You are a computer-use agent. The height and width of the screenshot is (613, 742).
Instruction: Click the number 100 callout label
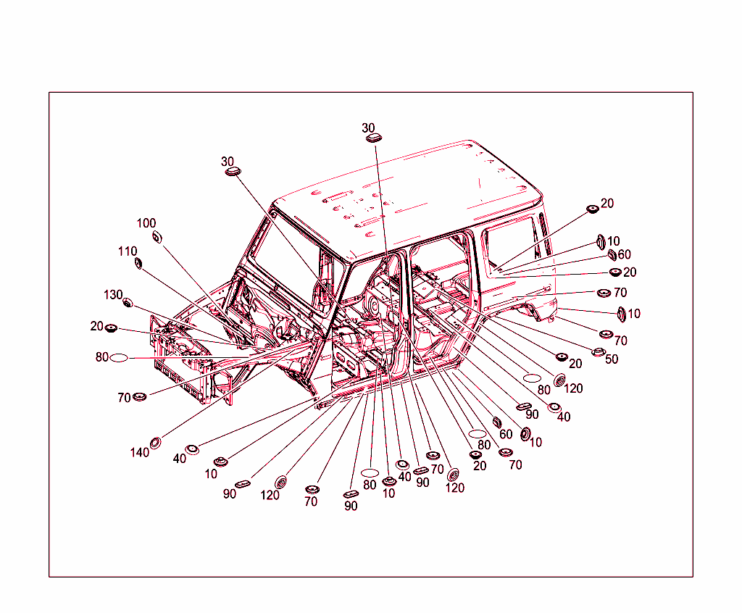(x=146, y=223)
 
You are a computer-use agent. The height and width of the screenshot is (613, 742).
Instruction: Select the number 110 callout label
(x=128, y=251)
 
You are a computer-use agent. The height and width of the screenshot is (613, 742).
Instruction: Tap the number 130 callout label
(x=113, y=295)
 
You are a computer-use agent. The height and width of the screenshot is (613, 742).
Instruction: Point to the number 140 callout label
(x=139, y=453)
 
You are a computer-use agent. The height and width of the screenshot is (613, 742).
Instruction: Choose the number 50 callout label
(x=612, y=359)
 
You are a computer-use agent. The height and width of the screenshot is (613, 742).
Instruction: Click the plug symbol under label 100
(x=157, y=237)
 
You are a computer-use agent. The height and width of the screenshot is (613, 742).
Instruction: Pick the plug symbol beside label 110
(x=138, y=262)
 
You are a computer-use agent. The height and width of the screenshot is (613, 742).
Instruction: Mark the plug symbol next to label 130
(x=128, y=302)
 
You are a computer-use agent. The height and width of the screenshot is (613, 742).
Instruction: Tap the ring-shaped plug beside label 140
(x=155, y=443)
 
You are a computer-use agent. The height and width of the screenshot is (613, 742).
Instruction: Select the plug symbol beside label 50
(x=599, y=352)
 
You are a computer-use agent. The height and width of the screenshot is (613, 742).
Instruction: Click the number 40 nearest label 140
(x=179, y=459)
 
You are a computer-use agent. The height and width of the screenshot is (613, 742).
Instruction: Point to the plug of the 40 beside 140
(x=192, y=449)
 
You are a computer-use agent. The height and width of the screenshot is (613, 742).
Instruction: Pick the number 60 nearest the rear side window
(x=624, y=255)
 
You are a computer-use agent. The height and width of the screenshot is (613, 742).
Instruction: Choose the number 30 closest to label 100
(x=228, y=162)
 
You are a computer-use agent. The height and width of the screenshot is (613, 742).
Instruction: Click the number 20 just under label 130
(x=97, y=326)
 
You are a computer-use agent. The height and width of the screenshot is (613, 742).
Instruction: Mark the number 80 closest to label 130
(x=101, y=357)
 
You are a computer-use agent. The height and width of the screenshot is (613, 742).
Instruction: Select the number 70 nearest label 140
(x=124, y=398)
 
